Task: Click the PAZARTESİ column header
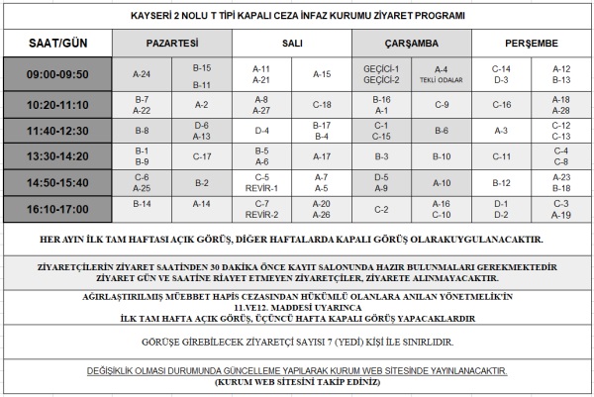click(171, 44)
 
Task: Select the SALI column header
click(292, 44)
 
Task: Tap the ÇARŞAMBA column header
click(412, 44)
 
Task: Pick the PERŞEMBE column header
click(532, 44)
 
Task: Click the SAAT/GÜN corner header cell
click(55, 44)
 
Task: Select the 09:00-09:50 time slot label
click(55, 73)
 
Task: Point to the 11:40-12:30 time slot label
click(55, 131)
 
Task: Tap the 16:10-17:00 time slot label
click(55, 209)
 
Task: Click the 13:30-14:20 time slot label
click(55, 156)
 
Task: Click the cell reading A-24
click(142, 74)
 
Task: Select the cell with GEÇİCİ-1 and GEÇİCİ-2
click(381, 74)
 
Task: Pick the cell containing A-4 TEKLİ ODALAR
click(442, 74)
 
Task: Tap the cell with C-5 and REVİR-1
click(262, 183)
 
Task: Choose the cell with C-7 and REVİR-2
click(262, 209)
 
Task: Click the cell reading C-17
click(202, 156)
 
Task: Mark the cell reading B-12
click(501, 183)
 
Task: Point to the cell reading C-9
click(442, 104)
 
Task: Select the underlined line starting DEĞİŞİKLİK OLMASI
click(297, 368)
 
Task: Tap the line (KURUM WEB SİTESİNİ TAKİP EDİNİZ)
click(297, 380)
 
